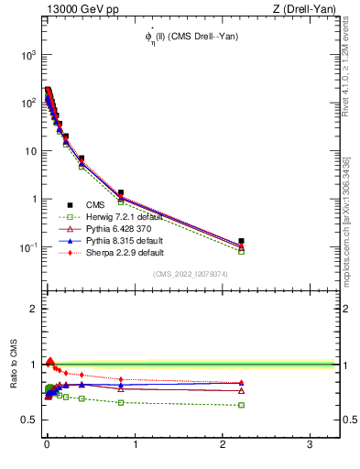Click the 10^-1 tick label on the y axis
coord(27,247)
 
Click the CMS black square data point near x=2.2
coord(242,241)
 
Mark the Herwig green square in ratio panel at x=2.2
coord(242,405)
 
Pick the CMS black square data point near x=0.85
coord(121,192)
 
